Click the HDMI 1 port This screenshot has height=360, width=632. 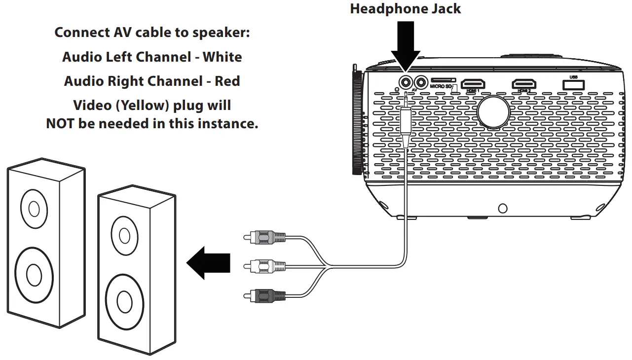click(474, 83)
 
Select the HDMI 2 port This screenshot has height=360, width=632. click(523, 83)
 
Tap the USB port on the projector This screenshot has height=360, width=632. click(573, 84)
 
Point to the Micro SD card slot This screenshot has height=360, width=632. click(443, 80)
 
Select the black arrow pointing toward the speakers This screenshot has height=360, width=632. click(208, 263)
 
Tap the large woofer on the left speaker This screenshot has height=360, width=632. click(34, 273)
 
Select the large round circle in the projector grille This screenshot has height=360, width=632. click(493, 110)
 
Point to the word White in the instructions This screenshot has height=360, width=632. click(223, 57)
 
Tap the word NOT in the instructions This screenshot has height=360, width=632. click(61, 123)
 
